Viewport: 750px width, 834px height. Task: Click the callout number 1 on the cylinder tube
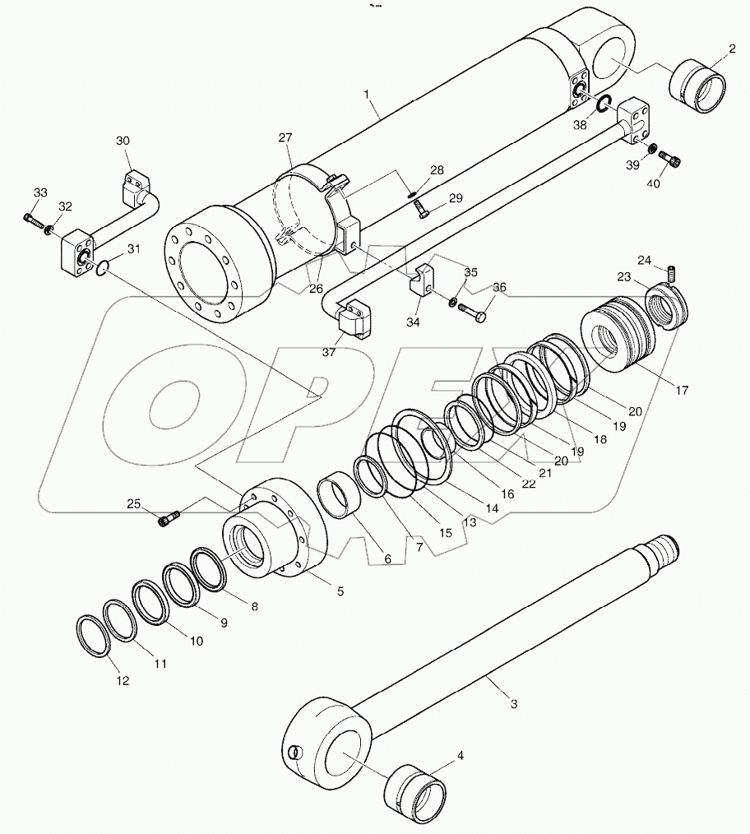[368, 95]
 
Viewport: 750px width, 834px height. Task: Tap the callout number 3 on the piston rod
[513, 703]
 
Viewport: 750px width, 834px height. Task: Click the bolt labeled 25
[169, 518]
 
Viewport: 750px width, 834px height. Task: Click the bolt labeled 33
[31, 220]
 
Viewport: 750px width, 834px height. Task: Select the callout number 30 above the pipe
[123, 141]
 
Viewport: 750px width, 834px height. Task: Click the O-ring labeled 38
[603, 104]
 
